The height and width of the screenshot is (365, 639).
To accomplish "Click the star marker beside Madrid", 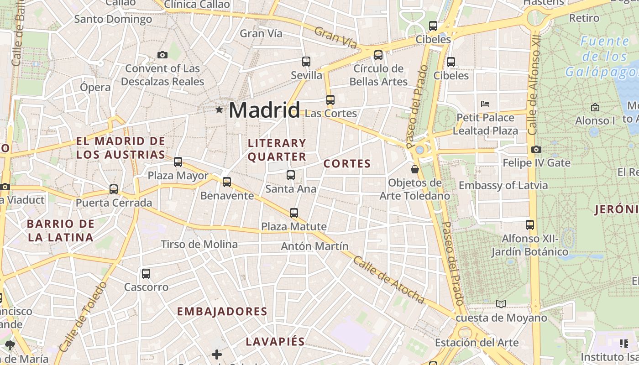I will [x=220, y=109].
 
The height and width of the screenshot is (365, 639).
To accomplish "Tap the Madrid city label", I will [x=264, y=110].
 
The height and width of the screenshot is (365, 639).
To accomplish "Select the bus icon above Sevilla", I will [x=306, y=61].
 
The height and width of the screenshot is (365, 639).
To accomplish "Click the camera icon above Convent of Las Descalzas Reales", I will [x=162, y=55].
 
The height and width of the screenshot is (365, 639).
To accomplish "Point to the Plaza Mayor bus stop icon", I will [x=178, y=162].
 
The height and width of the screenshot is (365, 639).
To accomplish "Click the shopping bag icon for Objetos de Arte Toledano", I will [x=415, y=169].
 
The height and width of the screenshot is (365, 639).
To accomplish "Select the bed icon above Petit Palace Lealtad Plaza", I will [x=485, y=104].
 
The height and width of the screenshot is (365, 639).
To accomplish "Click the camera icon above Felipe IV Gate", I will [x=536, y=149].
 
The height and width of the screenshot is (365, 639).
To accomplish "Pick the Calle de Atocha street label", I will [x=389, y=280].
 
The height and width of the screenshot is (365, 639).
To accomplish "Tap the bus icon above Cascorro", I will [x=146, y=274].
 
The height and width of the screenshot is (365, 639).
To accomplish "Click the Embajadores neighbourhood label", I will [x=222, y=312].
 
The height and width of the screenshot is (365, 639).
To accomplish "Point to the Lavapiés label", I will [x=275, y=342].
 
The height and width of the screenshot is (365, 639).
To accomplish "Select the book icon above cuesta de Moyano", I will [x=501, y=304].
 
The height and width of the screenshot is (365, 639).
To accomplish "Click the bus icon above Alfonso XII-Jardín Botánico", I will [x=530, y=224].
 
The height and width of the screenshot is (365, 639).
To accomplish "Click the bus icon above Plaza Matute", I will [x=294, y=213].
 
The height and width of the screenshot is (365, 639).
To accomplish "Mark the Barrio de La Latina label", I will [x=60, y=230].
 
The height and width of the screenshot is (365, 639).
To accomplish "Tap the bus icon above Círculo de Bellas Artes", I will [x=378, y=55].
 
